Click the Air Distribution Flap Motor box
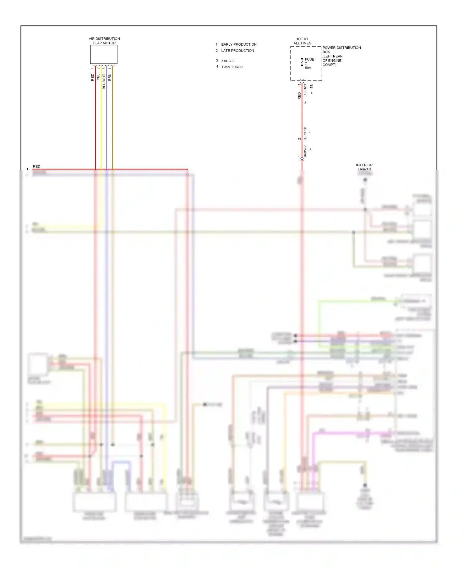[104, 54]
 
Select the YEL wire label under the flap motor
[98, 77]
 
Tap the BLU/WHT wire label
[104, 81]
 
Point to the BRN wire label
[110, 77]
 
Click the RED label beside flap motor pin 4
[93, 77]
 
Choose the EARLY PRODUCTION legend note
[239, 44]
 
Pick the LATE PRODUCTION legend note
[237, 51]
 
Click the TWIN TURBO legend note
[232, 67]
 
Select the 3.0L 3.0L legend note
[228, 61]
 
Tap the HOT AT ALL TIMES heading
[302, 41]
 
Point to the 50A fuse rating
[308, 68]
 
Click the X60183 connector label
[305, 89]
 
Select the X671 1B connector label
[305, 133]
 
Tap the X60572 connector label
[305, 151]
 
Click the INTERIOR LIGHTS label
[364, 167]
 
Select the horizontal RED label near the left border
[36, 167]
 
